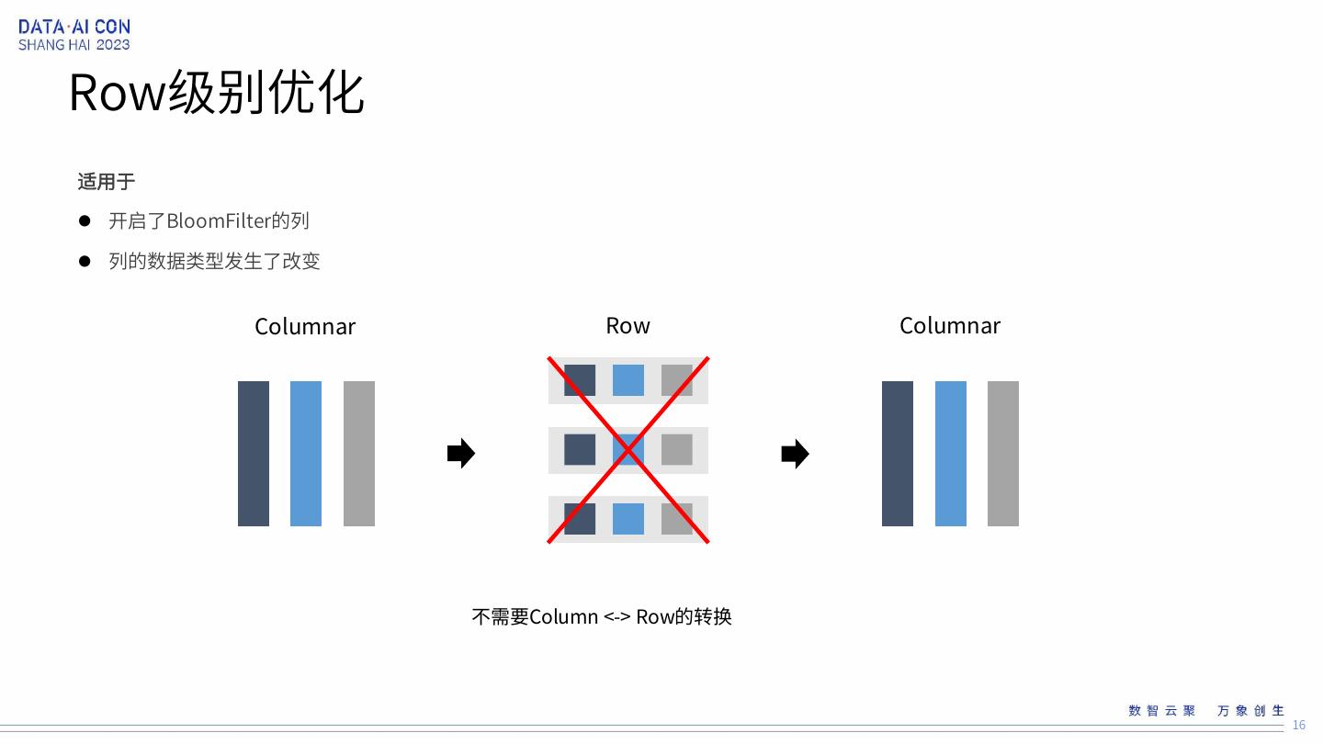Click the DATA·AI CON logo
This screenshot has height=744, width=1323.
click(x=73, y=35)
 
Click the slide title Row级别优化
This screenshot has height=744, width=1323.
click(x=217, y=93)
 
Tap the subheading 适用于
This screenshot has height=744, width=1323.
click(x=106, y=182)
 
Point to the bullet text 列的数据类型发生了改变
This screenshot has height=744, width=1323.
click(x=214, y=261)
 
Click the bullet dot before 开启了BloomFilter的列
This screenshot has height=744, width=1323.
click(x=85, y=221)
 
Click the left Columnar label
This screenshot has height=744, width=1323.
click(x=305, y=327)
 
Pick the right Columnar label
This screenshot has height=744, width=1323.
click(x=950, y=326)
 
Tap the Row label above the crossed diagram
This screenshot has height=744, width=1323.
click(x=628, y=326)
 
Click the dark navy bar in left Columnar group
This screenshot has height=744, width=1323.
click(x=254, y=454)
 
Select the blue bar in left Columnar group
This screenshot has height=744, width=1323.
click(x=306, y=454)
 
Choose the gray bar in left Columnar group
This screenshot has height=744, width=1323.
click(x=359, y=454)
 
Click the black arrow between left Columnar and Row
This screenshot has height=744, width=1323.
click(x=460, y=453)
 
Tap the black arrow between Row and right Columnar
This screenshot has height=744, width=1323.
click(x=795, y=454)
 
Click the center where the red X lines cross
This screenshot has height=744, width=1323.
click(x=628, y=450)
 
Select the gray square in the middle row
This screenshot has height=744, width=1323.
click(x=677, y=450)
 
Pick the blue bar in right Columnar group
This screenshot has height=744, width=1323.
click(x=951, y=454)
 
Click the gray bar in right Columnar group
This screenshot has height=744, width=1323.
click(x=1003, y=454)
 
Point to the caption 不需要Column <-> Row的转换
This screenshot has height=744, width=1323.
click(x=602, y=616)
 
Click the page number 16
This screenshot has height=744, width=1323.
click(x=1299, y=726)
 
